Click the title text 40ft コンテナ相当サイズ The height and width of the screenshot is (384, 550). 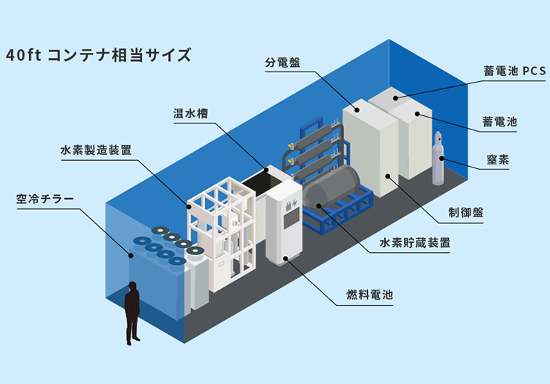pyautogui.click(x=97, y=55)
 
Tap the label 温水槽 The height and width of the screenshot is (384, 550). pyautogui.click(x=190, y=114)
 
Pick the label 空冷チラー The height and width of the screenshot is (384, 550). pyautogui.click(x=45, y=199)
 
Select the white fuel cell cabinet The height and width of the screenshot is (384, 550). pyautogui.click(x=285, y=223)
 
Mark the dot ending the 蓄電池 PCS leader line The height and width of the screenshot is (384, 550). pyautogui.click(x=395, y=97)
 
